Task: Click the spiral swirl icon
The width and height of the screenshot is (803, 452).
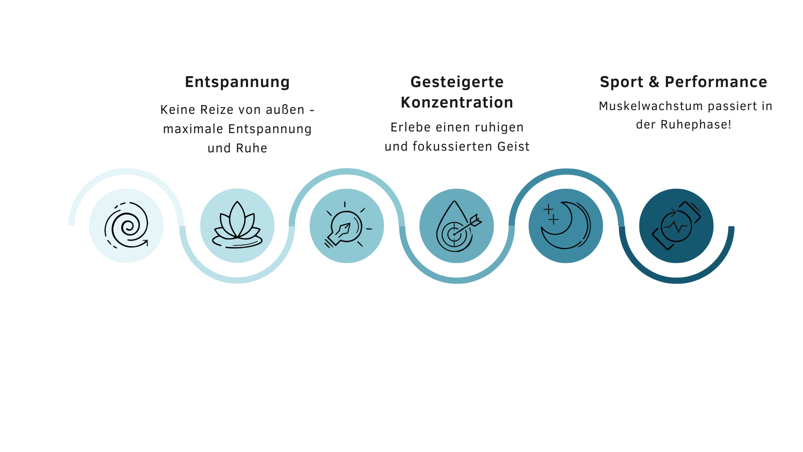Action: click(x=126, y=226)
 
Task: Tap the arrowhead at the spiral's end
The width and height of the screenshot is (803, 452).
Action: click(x=146, y=242)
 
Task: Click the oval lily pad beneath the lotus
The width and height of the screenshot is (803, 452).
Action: click(x=237, y=242)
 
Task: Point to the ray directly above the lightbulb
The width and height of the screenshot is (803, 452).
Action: click(x=345, y=204)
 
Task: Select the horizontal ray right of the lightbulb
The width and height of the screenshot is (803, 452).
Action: click(x=369, y=229)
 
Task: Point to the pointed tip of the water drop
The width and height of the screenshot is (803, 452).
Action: click(x=455, y=202)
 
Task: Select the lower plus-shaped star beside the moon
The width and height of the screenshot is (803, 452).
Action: click(x=553, y=219)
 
